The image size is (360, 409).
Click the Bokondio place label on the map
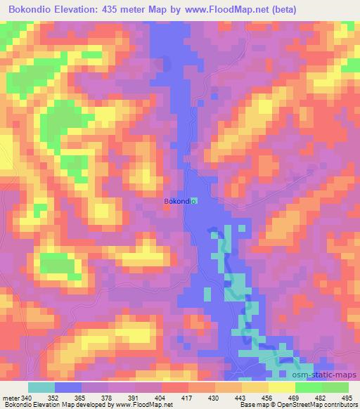[179, 202]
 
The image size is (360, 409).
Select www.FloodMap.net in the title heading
[224, 10]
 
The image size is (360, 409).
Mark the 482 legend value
[321, 398]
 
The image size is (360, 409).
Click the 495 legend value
[347, 398]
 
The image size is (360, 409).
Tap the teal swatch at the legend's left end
[41, 387]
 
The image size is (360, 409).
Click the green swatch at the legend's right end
[335, 387]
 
